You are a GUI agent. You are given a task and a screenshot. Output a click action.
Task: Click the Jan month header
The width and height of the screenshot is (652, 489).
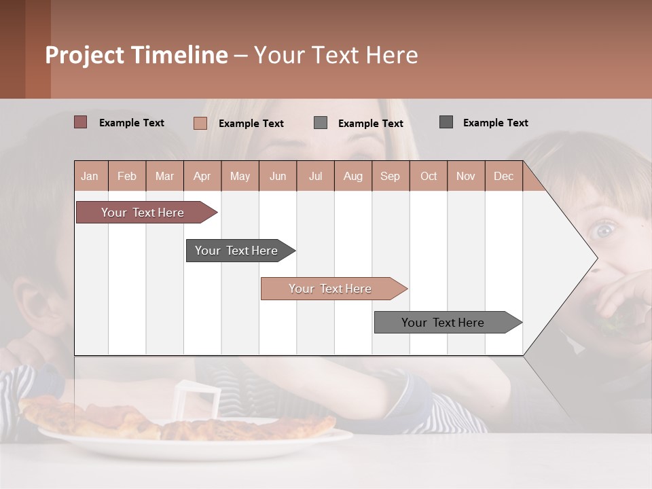click(90, 176)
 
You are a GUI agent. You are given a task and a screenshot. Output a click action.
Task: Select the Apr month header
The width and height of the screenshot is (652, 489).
click(202, 176)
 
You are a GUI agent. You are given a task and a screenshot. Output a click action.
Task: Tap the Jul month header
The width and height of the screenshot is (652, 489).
click(315, 176)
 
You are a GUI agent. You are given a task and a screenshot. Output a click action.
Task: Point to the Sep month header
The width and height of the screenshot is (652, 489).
click(390, 176)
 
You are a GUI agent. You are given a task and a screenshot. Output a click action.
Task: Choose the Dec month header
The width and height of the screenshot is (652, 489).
click(503, 176)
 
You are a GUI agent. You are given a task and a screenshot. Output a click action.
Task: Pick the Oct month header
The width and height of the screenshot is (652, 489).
click(429, 176)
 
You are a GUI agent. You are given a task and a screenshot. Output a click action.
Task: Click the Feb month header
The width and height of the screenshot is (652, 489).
click(127, 176)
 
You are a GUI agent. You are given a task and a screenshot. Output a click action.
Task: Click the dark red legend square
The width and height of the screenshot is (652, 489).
click(81, 122)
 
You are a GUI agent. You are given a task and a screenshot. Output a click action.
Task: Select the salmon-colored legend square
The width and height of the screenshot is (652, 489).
click(200, 123)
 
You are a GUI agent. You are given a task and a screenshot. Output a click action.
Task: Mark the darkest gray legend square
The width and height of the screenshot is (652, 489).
click(446, 122)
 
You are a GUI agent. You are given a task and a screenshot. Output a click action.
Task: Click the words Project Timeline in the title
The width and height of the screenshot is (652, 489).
click(137, 55)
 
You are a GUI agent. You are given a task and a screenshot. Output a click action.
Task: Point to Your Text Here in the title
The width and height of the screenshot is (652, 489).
click(336, 55)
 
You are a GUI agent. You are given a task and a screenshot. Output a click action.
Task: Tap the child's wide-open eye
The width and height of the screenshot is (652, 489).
click(604, 230)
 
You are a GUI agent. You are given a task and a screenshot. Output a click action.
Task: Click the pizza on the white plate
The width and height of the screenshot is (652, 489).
click(177, 421)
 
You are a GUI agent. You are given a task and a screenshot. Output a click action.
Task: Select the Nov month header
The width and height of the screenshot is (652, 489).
click(466, 176)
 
